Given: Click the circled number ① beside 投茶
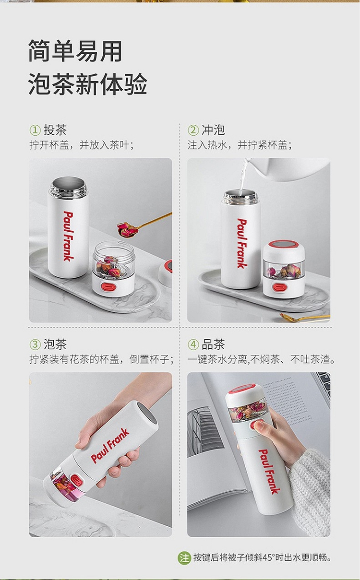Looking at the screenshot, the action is (x=35, y=130).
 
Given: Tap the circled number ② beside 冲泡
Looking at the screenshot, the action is (x=193, y=130).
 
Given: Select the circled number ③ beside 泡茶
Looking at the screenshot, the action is (x=35, y=344).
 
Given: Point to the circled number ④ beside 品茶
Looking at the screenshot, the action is (x=193, y=344).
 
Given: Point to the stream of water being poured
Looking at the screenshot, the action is (x=243, y=176).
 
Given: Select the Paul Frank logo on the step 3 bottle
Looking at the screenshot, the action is (x=110, y=446).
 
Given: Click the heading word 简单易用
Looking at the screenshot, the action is (x=75, y=51).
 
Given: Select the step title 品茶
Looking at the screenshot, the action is (x=213, y=344).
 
